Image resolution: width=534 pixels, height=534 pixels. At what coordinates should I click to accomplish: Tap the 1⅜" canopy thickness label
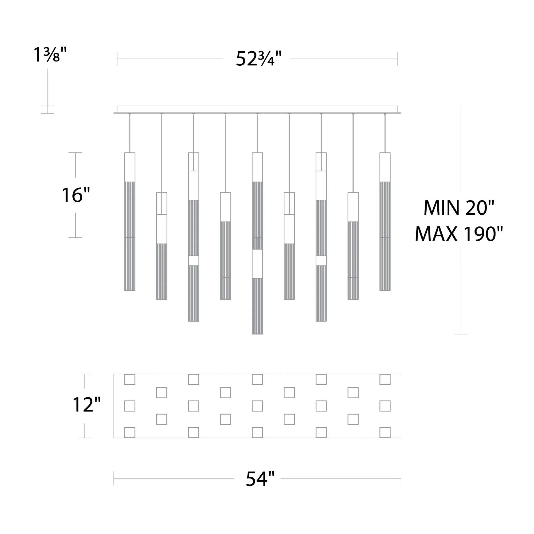[50, 54]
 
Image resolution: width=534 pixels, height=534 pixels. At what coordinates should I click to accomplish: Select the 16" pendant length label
[76, 195]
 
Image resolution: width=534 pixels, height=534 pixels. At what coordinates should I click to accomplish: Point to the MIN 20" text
[459, 207]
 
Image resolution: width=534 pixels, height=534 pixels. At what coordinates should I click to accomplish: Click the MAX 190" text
[459, 234]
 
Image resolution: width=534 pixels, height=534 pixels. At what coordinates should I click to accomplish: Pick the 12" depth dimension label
[87, 405]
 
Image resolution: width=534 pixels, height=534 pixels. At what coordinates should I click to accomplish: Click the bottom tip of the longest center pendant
[257, 334]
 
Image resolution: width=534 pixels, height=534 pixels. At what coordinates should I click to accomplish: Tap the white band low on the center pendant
[257, 264]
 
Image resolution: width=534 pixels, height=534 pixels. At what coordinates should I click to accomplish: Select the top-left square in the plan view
[130, 379]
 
